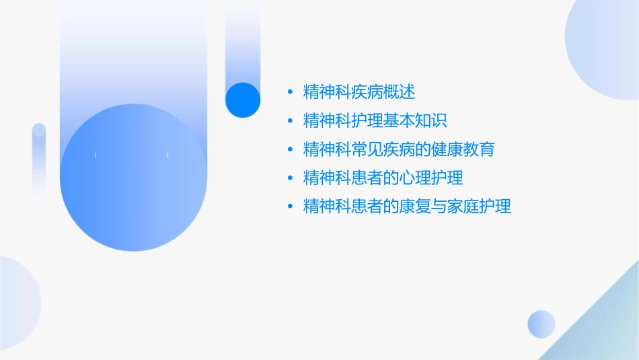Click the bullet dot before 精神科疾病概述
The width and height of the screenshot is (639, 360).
(x=289, y=92)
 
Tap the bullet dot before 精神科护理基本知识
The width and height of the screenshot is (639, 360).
(x=289, y=120)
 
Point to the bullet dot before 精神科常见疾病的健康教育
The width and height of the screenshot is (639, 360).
(x=289, y=149)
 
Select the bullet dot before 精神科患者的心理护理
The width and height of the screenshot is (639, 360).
(x=289, y=178)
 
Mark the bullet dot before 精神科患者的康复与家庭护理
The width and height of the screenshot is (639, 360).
(x=289, y=207)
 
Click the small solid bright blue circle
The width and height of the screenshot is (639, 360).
(x=243, y=100)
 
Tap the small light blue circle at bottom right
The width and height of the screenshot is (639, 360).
(x=541, y=324)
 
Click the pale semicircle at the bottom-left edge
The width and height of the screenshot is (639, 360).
(x=17, y=303)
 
